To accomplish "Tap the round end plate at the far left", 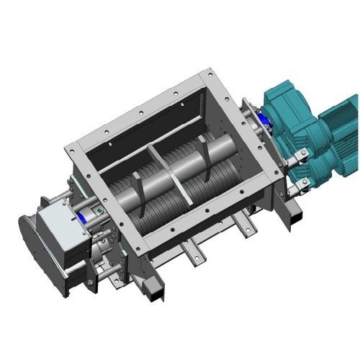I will point(27,241).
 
